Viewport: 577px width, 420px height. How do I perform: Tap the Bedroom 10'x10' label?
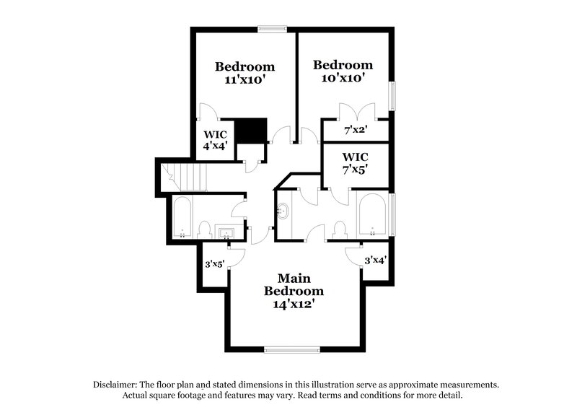click(x=343, y=71)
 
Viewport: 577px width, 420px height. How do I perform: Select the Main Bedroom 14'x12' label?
click(x=294, y=291)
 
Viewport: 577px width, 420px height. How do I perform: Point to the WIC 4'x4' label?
click(x=216, y=139)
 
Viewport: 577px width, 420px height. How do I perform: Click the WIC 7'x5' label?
click(x=355, y=162)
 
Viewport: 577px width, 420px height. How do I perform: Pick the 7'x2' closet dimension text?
click(x=356, y=131)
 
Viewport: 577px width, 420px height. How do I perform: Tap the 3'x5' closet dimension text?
click(x=213, y=264)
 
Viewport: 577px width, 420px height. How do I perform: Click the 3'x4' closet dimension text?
click(x=375, y=260)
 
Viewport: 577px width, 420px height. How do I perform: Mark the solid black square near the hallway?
click(x=252, y=131)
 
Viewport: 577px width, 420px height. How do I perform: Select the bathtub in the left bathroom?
click(x=182, y=217)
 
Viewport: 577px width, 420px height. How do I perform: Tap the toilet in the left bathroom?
click(x=204, y=230)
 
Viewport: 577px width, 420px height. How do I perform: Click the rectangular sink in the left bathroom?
click(x=225, y=232)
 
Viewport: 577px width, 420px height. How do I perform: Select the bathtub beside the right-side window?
click(x=373, y=214)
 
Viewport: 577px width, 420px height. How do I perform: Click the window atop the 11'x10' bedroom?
click(x=272, y=29)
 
